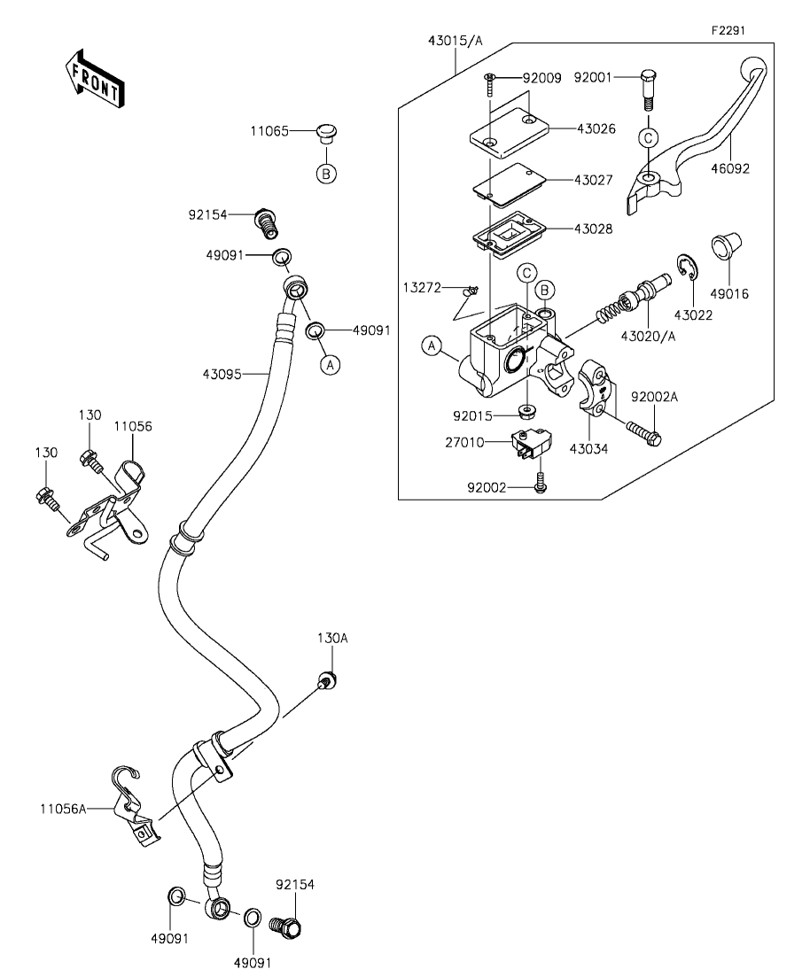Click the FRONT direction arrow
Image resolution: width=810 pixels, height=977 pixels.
point(94,76)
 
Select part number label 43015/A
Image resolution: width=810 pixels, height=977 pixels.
point(456,41)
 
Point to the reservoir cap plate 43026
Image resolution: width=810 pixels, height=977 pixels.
point(509,136)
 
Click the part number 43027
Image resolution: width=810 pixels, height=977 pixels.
point(594,180)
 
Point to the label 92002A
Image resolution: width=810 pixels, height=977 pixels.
point(654,397)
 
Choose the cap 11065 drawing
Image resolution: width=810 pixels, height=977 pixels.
point(326,134)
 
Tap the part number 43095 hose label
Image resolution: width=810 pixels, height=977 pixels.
point(222,375)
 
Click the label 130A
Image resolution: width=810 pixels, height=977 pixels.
point(332,638)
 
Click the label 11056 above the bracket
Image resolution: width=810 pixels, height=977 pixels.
point(133,426)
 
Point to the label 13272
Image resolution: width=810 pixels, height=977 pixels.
point(422,287)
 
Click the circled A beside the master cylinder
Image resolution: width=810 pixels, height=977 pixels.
point(432,345)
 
